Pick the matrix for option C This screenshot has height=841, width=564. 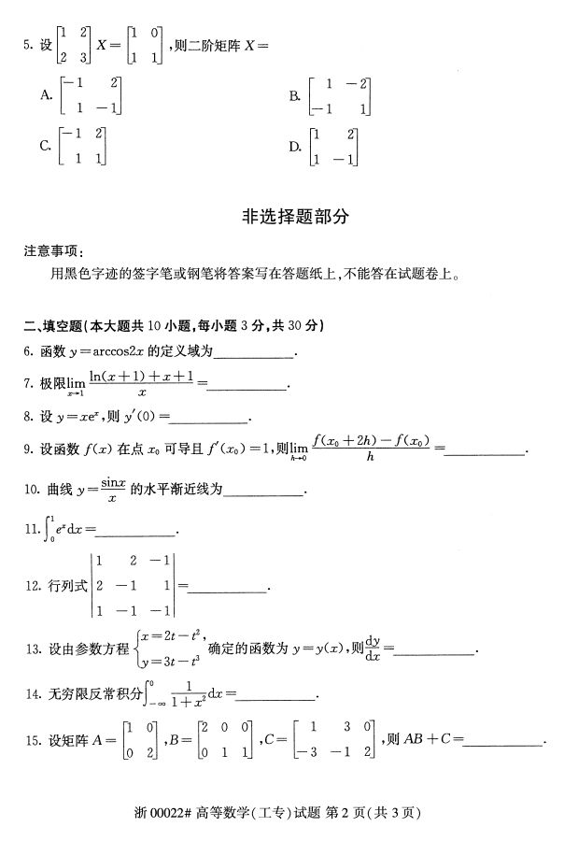82,146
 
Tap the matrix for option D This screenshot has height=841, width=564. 334,147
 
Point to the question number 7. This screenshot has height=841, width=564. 29,384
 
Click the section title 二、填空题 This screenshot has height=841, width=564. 52,326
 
